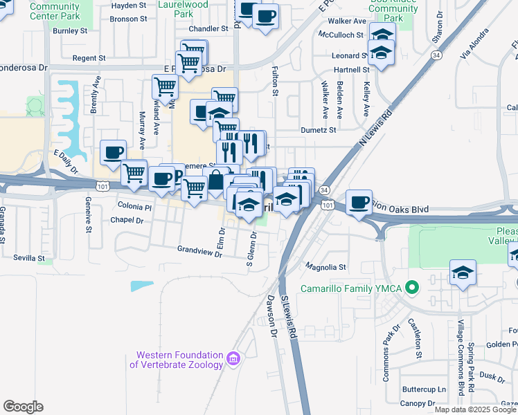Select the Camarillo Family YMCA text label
(x=351, y=288)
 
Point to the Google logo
(x=23, y=407)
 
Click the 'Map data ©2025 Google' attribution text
(x=476, y=409)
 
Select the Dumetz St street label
(x=318, y=129)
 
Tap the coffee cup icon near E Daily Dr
(x=113, y=152)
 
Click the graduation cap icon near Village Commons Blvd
(x=463, y=273)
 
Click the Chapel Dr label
(x=127, y=220)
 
